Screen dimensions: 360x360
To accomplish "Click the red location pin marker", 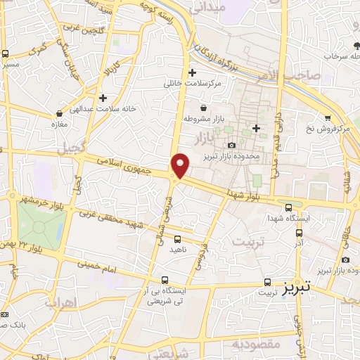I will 181,166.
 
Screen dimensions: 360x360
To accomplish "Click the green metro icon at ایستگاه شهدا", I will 289,207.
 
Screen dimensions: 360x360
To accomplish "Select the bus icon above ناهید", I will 176,238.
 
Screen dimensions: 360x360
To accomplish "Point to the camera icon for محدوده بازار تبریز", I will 231,146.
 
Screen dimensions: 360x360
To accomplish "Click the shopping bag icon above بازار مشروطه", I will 203,108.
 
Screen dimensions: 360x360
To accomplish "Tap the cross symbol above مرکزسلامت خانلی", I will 191,72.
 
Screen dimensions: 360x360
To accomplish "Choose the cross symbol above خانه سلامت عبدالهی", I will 103,98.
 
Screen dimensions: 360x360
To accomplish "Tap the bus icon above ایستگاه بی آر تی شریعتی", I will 165,279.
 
